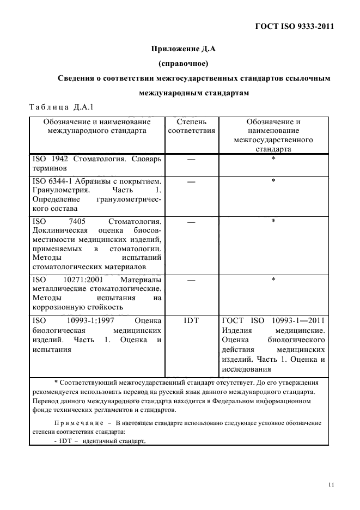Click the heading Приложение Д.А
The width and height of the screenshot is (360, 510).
click(184, 49)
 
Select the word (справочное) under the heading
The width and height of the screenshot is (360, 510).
click(184, 64)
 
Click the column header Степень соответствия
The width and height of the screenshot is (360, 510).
click(191, 126)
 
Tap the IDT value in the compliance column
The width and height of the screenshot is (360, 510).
click(191, 321)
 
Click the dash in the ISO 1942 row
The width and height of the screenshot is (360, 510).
click(191, 159)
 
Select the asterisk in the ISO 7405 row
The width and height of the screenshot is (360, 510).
click(273, 221)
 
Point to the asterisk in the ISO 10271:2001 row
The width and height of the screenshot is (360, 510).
click(273, 279)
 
